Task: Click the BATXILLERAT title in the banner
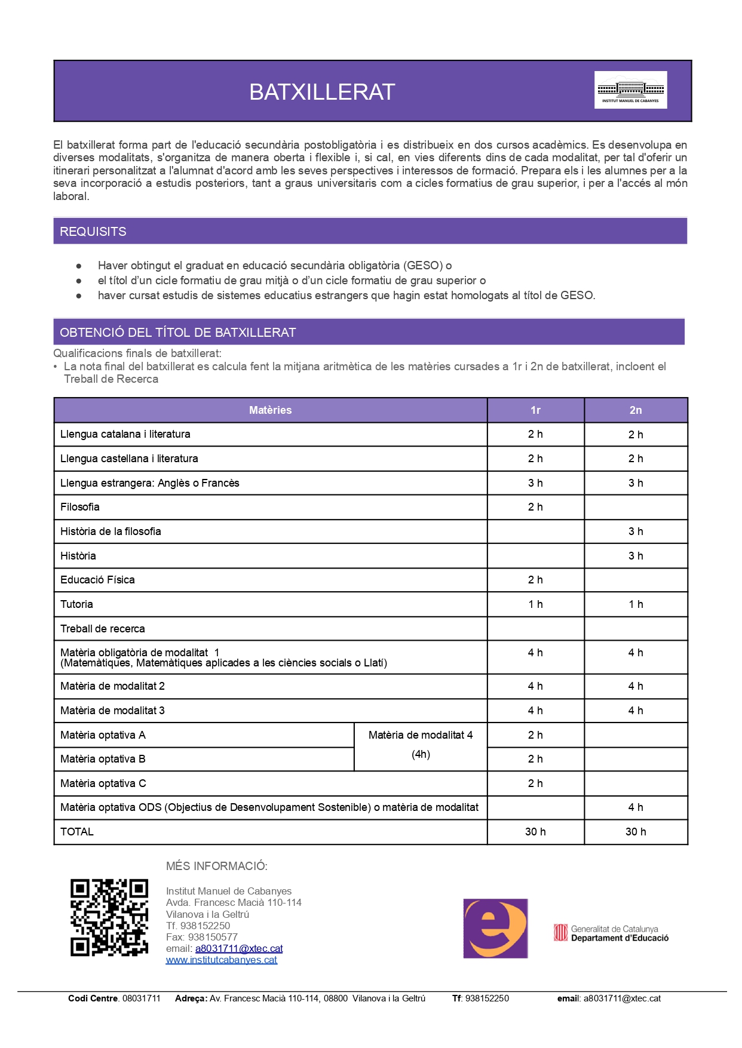[322, 92]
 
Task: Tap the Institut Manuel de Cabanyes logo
[630, 90]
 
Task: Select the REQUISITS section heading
[93, 232]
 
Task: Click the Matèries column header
[270, 410]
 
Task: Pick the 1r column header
[535, 410]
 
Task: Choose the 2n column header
[635, 410]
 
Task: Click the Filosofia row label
[80, 507]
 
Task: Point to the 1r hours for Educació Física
[535, 580]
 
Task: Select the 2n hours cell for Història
[635, 556]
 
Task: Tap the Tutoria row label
[76, 604]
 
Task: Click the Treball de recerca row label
[103, 629]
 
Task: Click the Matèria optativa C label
[103, 783]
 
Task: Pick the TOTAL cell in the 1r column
[535, 832]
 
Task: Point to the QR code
[109, 918]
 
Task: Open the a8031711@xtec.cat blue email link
[239, 948]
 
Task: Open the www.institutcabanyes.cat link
[222, 960]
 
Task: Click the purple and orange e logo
[495, 929]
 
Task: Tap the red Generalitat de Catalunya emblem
[560, 933]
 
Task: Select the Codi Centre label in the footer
[94, 998]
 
